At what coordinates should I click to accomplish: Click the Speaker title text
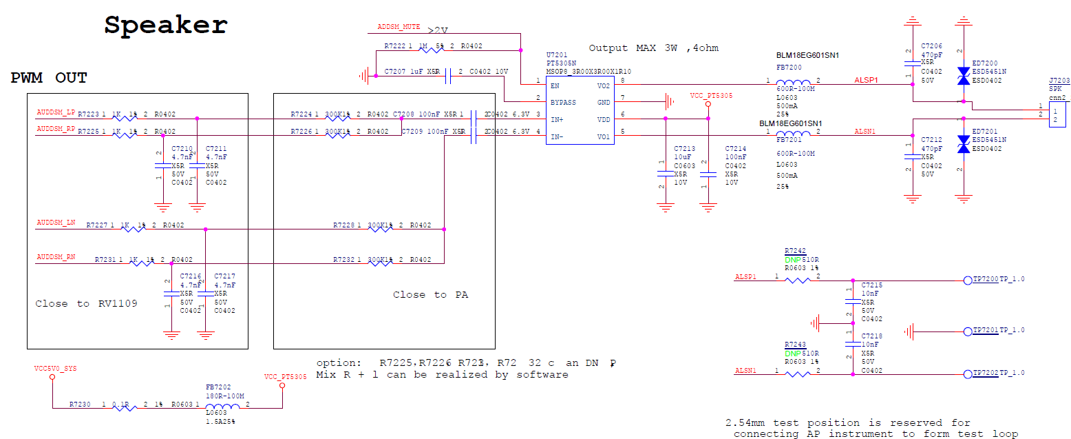(x=166, y=25)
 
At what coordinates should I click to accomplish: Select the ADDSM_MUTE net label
(x=399, y=27)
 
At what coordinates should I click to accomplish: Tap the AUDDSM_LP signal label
(x=56, y=112)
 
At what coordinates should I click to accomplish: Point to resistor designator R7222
(x=395, y=46)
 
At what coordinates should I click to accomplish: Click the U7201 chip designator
(x=556, y=54)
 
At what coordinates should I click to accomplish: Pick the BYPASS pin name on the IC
(x=563, y=102)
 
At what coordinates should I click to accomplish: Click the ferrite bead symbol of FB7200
(x=793, y=81)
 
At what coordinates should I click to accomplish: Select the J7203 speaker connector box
(x=1056, y=114)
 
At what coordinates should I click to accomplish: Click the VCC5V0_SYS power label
(x=56, y=369)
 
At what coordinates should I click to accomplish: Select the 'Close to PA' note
(x=430, y=295)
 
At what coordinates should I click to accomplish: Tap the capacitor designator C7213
(x=684, y=148)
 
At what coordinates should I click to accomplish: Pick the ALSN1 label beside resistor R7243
(x=745, y=370)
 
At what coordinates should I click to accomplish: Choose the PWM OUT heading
(x=49, y=78)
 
